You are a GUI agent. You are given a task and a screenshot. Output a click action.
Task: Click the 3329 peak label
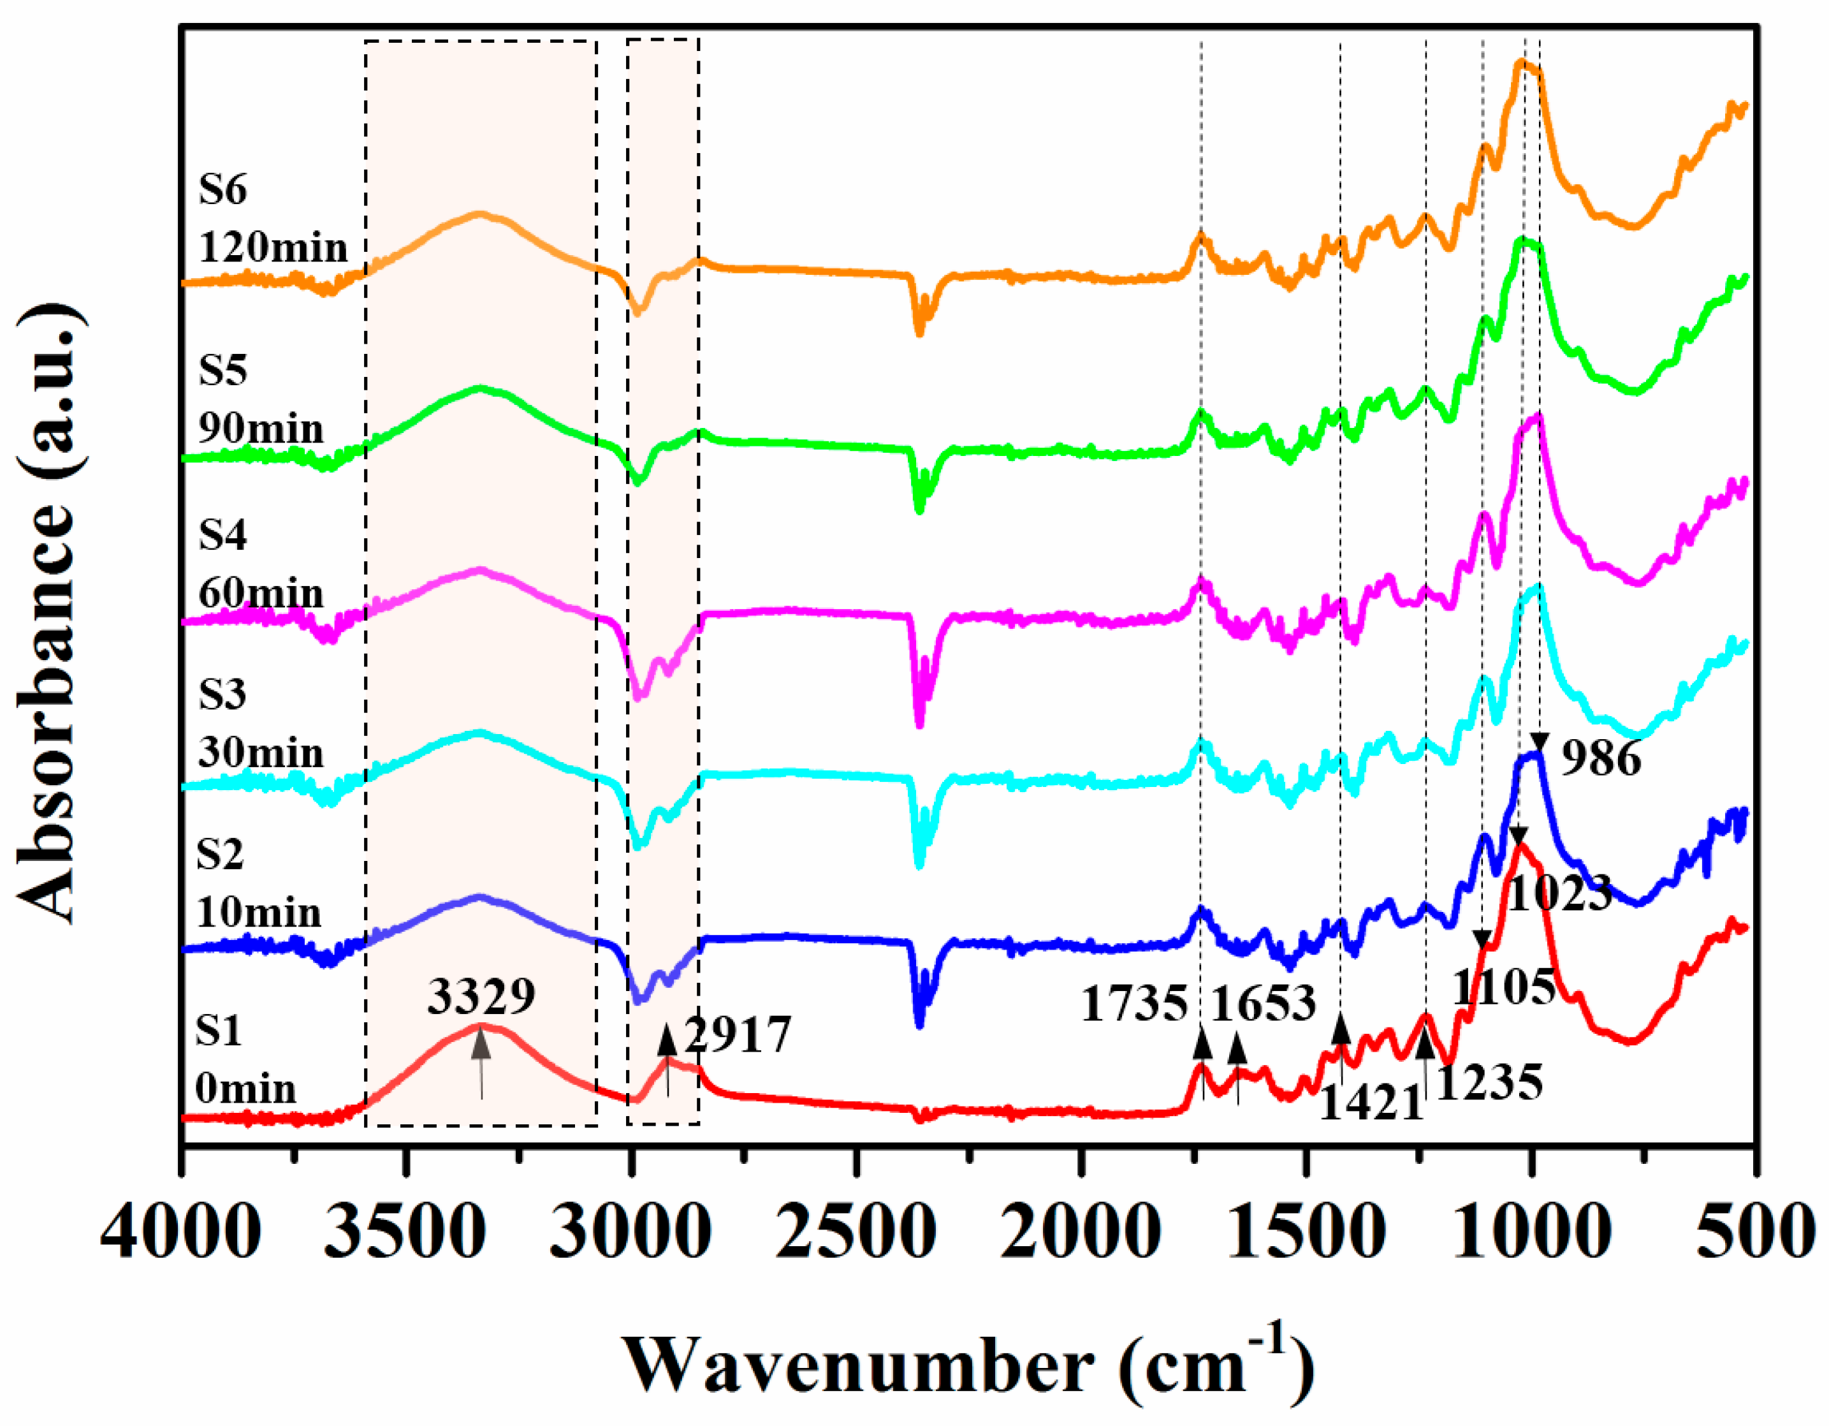point(481,997)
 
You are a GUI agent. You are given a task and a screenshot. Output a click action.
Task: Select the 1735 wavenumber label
point(1134,1004)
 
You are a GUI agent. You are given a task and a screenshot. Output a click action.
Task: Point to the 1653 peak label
point(1264,1004)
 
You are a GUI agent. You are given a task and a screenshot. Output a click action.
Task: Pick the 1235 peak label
point(1489,1084)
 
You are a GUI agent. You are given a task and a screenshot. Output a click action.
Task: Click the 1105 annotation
point(1503,987)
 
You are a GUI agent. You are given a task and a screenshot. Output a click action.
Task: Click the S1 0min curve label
point(245,1060)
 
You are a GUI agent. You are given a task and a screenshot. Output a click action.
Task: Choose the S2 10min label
point(258,883)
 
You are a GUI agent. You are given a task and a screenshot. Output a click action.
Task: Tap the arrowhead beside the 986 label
point(1538,742)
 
